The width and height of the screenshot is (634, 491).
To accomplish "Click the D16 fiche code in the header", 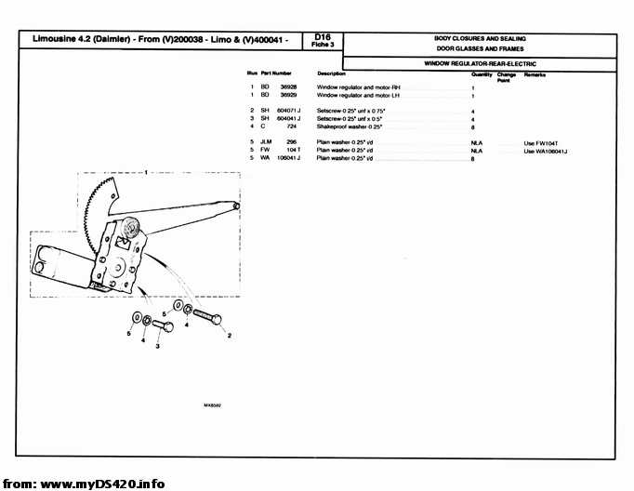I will tap(324, 38).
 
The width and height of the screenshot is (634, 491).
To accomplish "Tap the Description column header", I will tap(331, 73).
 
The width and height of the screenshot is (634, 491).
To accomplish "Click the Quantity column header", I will tap(482, 73).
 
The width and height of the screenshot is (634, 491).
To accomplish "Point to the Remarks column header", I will tap(535, 73).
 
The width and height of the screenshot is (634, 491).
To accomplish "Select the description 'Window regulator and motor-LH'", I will tap(358, 95).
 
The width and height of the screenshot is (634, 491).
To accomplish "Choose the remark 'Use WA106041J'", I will tap(546, 150).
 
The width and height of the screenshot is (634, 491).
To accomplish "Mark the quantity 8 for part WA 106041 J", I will tap(473, 158).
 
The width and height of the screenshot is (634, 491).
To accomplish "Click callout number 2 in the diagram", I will tap(229, 335).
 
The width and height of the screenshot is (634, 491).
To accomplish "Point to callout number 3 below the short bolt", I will tap(158, 347).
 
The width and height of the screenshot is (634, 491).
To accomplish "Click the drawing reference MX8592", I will tap(212, 405).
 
